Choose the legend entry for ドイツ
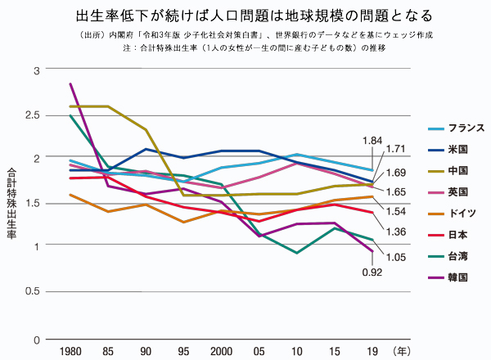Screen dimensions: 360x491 [457, 214]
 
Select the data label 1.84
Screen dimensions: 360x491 [372, 141]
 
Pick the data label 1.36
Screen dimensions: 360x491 [395, 232]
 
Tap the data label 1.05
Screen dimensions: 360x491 [395, 257]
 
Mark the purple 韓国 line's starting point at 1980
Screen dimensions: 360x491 [70, 83]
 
